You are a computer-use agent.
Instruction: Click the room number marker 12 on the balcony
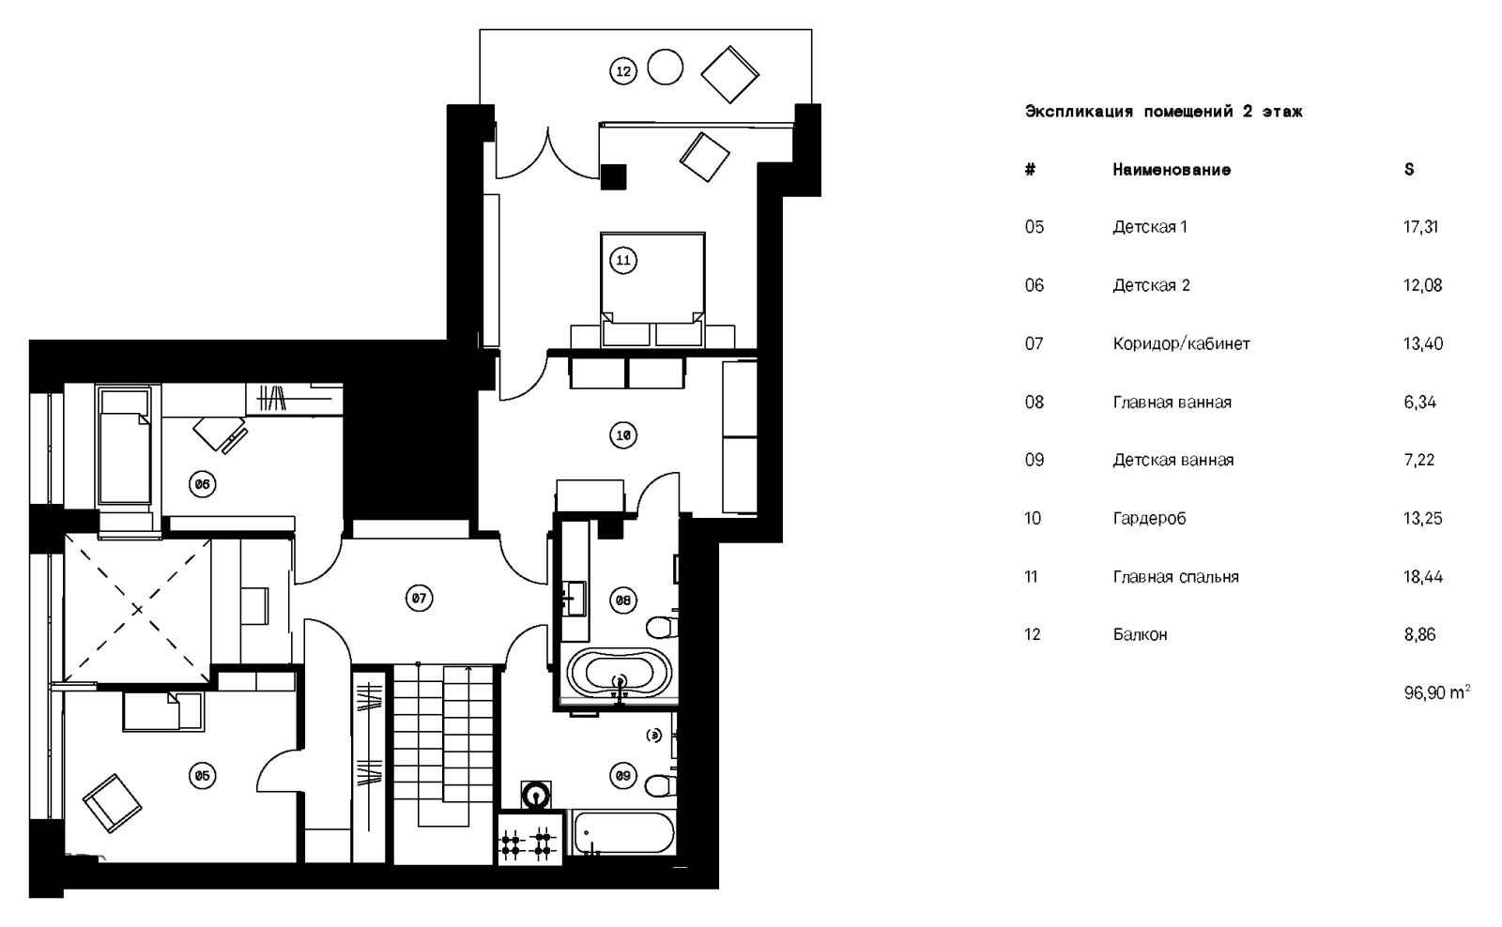click(622, 70)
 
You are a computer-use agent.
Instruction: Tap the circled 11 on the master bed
click(623, 260)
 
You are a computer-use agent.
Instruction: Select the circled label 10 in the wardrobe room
click(622, 435)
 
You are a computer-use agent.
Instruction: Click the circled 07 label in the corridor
click(419, 598)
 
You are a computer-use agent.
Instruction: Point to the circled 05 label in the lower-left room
click(202, 776)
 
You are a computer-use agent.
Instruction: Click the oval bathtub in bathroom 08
click(619, 673)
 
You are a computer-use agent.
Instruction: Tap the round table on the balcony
click(666, 67)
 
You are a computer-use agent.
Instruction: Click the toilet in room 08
click(660, 625)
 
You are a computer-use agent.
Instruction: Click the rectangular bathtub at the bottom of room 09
click(623, 834)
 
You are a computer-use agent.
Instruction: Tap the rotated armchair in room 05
click(112, 803)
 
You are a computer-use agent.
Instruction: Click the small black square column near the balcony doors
click(614, 176)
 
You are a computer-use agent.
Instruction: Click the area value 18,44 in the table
click(1422, 577)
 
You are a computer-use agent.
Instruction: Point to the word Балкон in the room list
click(1140, 635)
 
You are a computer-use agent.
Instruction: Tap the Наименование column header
click(1171, 170)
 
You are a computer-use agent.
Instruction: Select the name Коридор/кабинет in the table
click(1181, 344)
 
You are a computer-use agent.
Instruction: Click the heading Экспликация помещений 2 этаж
click(1163, 112)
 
